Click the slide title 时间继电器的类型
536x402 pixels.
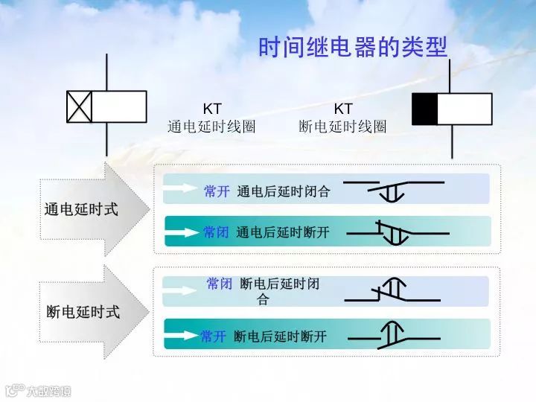(x=352, y=48)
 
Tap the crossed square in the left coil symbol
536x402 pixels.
(x=79, y=106)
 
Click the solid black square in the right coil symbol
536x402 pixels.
(x=425, y=109)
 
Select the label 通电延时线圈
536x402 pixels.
(x=211, y=127)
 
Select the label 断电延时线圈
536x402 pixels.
(x=342, y=127)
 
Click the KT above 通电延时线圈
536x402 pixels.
(x=212, y=109)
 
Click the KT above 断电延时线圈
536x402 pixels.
(x=342, y=109)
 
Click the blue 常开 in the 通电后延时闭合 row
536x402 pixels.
(x=217, y=191)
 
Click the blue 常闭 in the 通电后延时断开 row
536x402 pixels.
(x=216, y=232)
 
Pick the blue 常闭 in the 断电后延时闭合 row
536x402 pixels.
(x=220, y=284)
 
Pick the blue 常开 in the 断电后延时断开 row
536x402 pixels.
(x=213, y=336)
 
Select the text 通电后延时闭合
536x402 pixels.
(x=284, y=191)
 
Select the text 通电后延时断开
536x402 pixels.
(x=283, y=232)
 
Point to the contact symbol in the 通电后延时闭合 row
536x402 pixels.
(x=394, y=189)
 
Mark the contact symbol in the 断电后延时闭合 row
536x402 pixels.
(x=392, y=291)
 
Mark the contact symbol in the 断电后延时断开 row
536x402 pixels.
(x=392, y=336)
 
